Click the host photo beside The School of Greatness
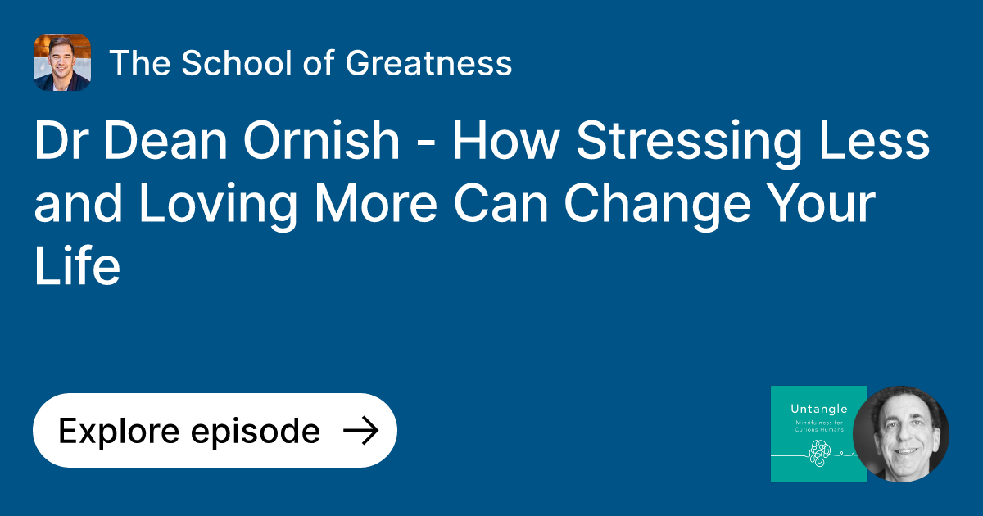62,62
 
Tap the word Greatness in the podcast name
428,63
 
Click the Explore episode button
215,431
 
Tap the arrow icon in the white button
360,431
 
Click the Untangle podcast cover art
818,433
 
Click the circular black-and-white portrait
900,433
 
